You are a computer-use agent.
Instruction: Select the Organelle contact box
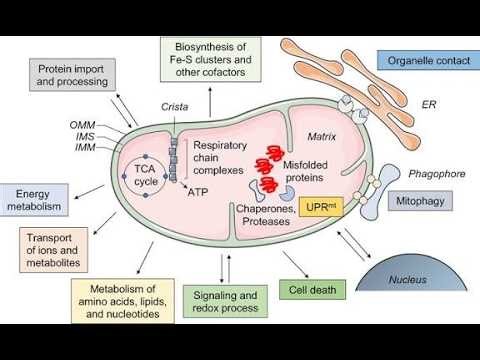coord(423,59)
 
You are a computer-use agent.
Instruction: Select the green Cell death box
coord(313,290)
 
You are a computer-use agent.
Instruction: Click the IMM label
coord(81,147)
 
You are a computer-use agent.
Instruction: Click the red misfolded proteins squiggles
coord(270,171)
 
